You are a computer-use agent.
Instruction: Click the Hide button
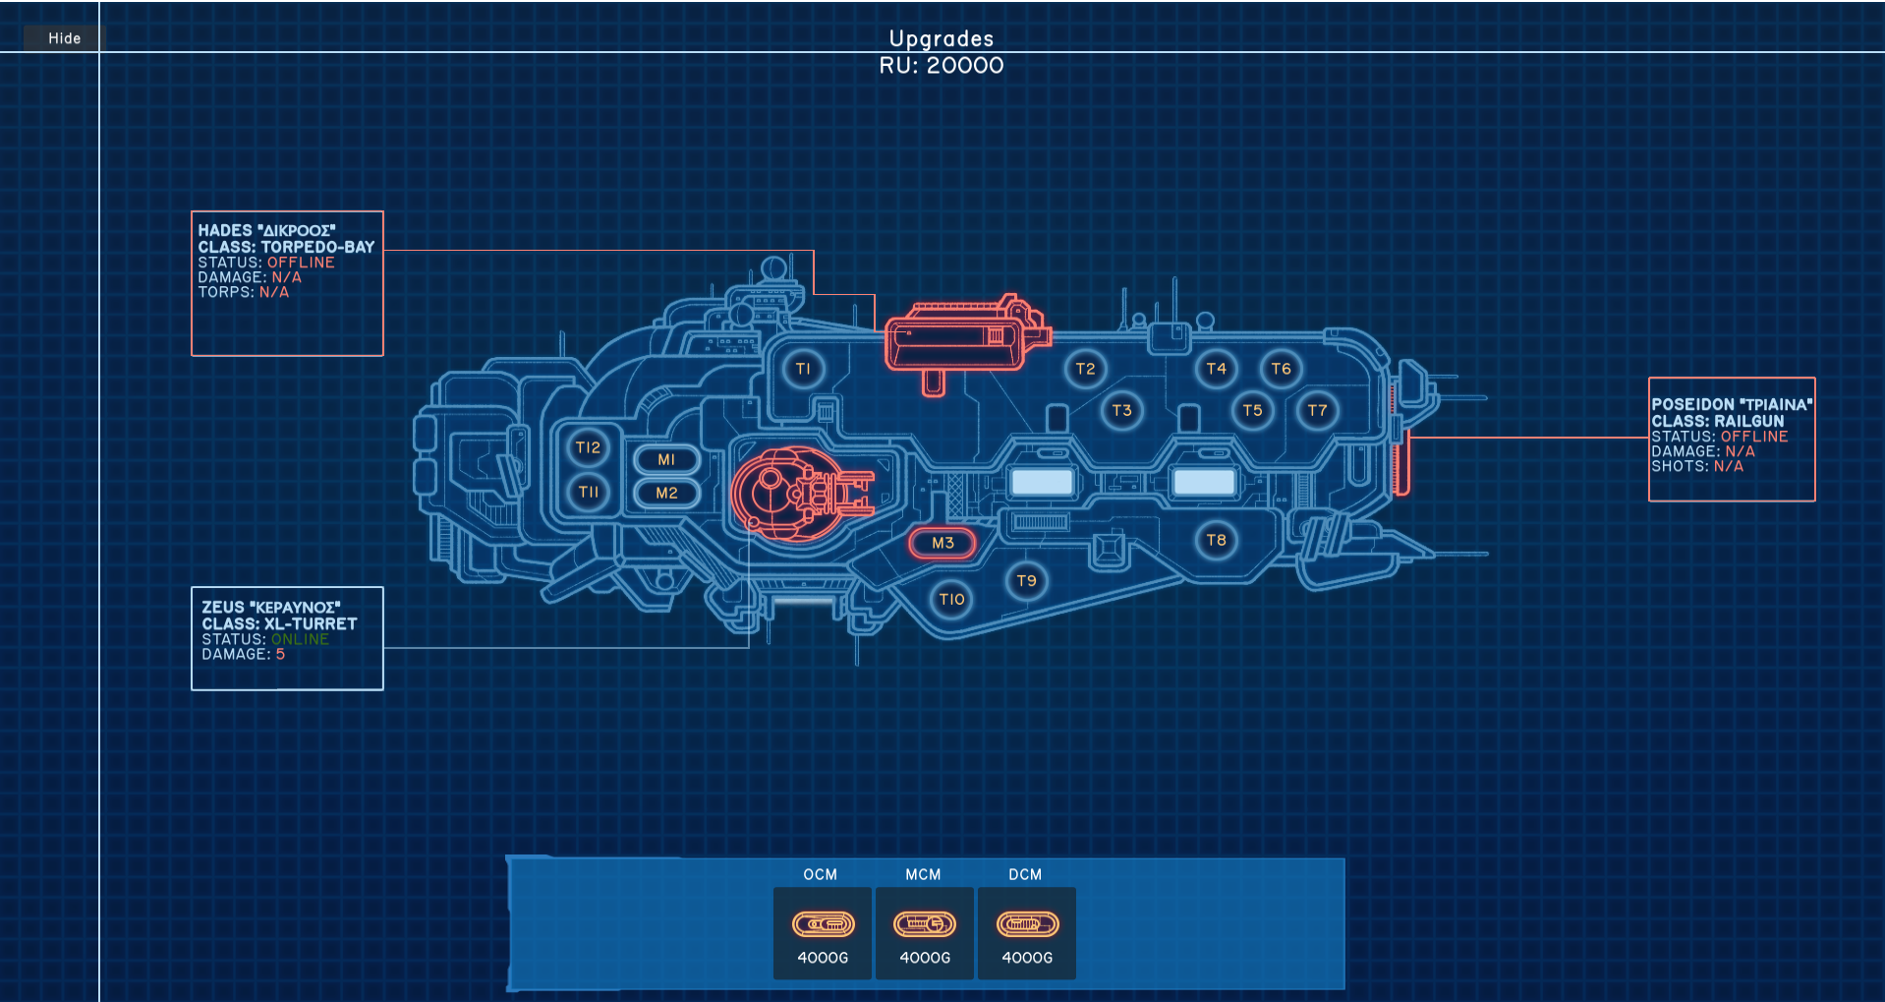click(64, 38)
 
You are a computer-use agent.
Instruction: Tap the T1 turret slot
click(803, 369)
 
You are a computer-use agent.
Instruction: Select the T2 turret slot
click(1085, 369)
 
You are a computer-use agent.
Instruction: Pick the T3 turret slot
click(1121, 410)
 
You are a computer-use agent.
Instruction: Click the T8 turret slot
click(1216, 540)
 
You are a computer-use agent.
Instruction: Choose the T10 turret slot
click(951, 599)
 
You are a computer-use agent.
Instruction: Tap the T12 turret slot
click(588, 447)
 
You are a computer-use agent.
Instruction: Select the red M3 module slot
click(942, 543)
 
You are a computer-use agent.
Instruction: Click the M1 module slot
click(666, 459)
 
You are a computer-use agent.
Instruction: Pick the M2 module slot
click(666, 493)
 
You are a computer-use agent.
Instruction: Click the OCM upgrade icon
click(823, 924)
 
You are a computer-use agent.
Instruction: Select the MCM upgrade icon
click(924, 924)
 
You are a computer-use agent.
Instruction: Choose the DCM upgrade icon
click(1027, 924)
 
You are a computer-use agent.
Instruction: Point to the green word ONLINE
click(300, 639)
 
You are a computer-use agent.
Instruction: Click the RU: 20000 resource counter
click(942, 66)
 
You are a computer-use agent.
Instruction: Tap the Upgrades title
click(942, 38)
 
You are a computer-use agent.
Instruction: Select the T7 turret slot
click(1317, 410)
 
